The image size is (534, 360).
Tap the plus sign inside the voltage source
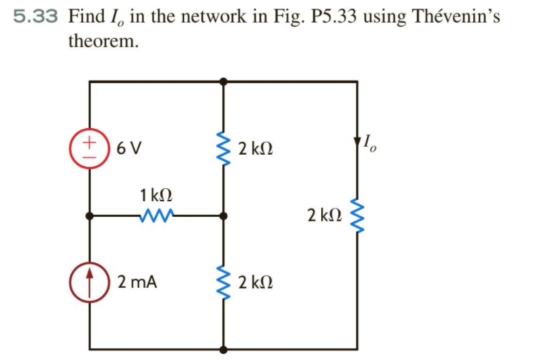coord(89,141)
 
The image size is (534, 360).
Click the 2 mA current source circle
coord(89,280)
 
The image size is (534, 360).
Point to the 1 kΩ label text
coord(155,195)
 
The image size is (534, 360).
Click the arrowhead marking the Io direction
coord(357,142)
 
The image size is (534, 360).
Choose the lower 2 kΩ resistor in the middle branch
coord(223,280)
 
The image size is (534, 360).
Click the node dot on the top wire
coord(223,81)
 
